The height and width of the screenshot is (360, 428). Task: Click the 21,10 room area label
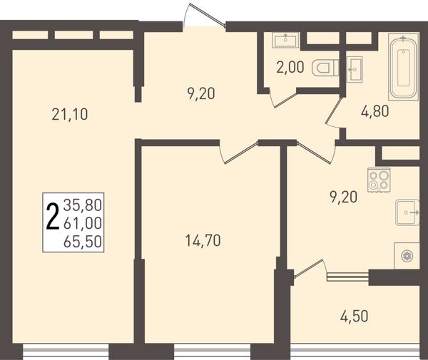point(70,115)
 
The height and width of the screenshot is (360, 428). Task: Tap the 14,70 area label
point(203,240)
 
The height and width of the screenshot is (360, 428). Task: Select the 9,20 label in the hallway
point(201,94)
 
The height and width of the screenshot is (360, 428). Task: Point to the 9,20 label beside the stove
point(343,197)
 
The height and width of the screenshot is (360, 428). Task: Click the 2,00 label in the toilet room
point(290,67)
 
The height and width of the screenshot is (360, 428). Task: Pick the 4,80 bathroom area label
point(374,111)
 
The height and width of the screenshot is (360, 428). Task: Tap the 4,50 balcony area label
point(354,317)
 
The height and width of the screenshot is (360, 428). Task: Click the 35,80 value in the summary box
point(83,205)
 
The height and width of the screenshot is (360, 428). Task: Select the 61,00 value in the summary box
point(83,223)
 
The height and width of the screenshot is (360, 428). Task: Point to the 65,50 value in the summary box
point(83,242)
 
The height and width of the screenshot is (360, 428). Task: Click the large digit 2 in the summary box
point(53,217)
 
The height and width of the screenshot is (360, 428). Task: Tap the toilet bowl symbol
point(325,68)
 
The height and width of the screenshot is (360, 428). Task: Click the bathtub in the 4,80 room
point(404,67)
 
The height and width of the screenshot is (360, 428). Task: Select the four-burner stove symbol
point(379,180)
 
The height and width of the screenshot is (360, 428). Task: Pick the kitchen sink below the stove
point(407,212)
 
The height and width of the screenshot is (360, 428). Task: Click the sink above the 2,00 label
point(286,40)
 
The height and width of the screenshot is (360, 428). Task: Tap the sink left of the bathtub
point(355,69)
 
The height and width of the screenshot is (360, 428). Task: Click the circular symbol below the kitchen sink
point(407,256)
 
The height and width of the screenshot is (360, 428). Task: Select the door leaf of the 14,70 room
point(241,153)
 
